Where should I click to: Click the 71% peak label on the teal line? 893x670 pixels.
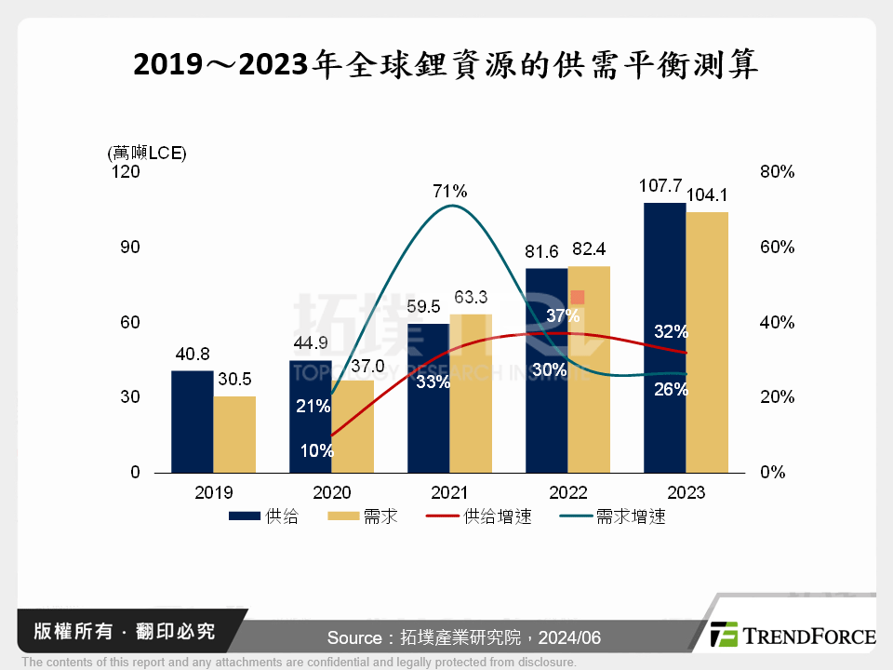point(449,192)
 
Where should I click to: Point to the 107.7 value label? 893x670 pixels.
point(661,186)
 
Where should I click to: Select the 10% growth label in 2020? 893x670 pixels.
point(316,450)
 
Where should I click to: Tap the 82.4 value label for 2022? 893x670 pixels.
point(591,249)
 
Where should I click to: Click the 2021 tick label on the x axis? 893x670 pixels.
point(449,493)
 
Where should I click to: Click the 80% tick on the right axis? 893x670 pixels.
point(776,172)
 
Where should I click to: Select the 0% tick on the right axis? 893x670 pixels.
point(772,473)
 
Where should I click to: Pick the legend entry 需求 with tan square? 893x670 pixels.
point(362,516)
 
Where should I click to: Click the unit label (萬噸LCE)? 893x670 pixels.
point(147,153)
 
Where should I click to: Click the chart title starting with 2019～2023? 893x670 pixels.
point(446,64)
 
